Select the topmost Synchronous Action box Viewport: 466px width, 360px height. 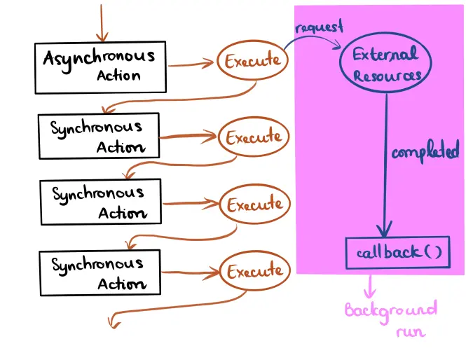[x=98, y=136]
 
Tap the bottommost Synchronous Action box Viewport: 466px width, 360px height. [x=100, y=272]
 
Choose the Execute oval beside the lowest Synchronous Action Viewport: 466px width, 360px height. [x=254, y=271]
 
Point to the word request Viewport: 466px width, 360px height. [x=320, y=27]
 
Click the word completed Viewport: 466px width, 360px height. [x=425, y=151]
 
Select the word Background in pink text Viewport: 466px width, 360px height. [x=390, y=310]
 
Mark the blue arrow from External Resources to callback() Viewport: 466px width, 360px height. [x=385, y=168]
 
